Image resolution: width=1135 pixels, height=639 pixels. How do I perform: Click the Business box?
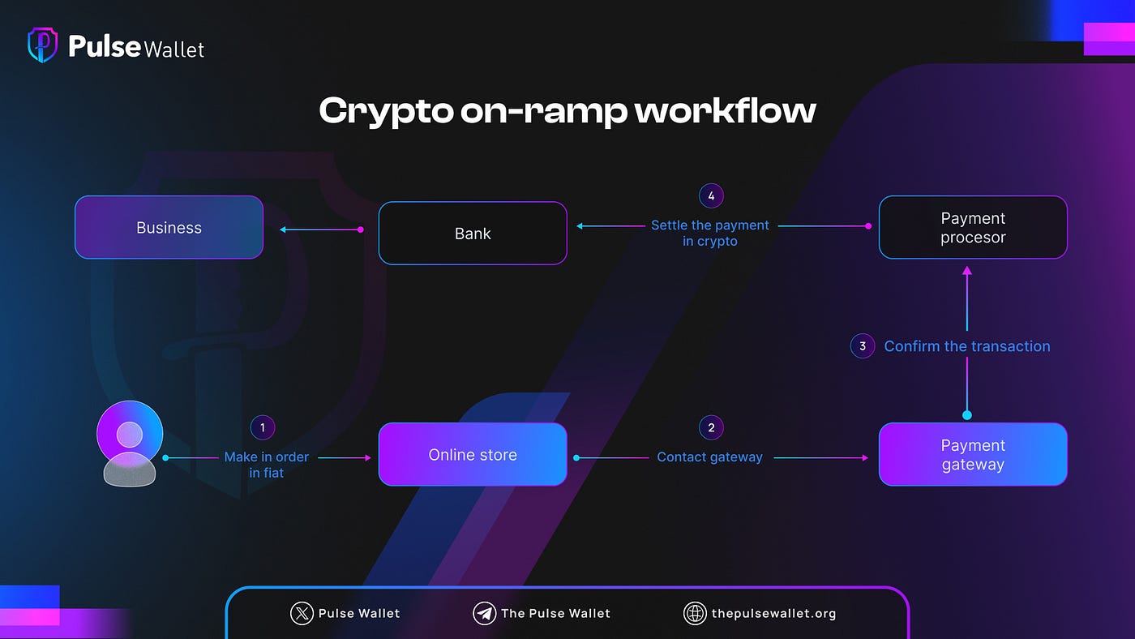coord(169,228)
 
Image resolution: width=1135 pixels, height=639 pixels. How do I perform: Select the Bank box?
coord(473,234)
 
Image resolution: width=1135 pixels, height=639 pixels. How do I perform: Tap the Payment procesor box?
coord(973,228)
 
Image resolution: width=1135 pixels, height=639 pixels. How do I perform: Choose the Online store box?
coord(473,455)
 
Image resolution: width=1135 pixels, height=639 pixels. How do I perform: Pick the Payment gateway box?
coord(973,455)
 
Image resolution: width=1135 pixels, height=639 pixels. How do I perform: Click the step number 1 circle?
coord(263,428)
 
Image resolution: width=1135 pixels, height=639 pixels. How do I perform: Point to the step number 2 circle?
coord(711,428)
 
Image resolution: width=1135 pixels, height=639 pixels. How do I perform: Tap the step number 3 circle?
coord(863,346)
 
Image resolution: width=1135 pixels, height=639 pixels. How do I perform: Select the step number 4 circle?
coord(711,195)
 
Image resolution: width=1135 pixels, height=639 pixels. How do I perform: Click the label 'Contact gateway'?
coord(709,457)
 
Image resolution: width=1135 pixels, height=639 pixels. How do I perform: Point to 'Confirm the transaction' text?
coord(967,346)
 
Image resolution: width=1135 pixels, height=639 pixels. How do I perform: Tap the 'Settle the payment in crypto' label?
coord(710,234)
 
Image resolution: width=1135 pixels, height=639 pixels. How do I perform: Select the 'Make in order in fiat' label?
coord(267,465)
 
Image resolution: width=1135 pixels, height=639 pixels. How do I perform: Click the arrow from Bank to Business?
coord(321,229)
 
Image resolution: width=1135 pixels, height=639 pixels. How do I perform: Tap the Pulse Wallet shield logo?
coord(42,46)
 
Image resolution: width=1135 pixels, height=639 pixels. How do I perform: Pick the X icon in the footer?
coord(302,613)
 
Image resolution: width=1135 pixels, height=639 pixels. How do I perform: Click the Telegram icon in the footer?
coord(484,613)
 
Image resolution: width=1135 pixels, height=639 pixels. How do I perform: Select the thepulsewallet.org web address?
coord(773,613)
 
